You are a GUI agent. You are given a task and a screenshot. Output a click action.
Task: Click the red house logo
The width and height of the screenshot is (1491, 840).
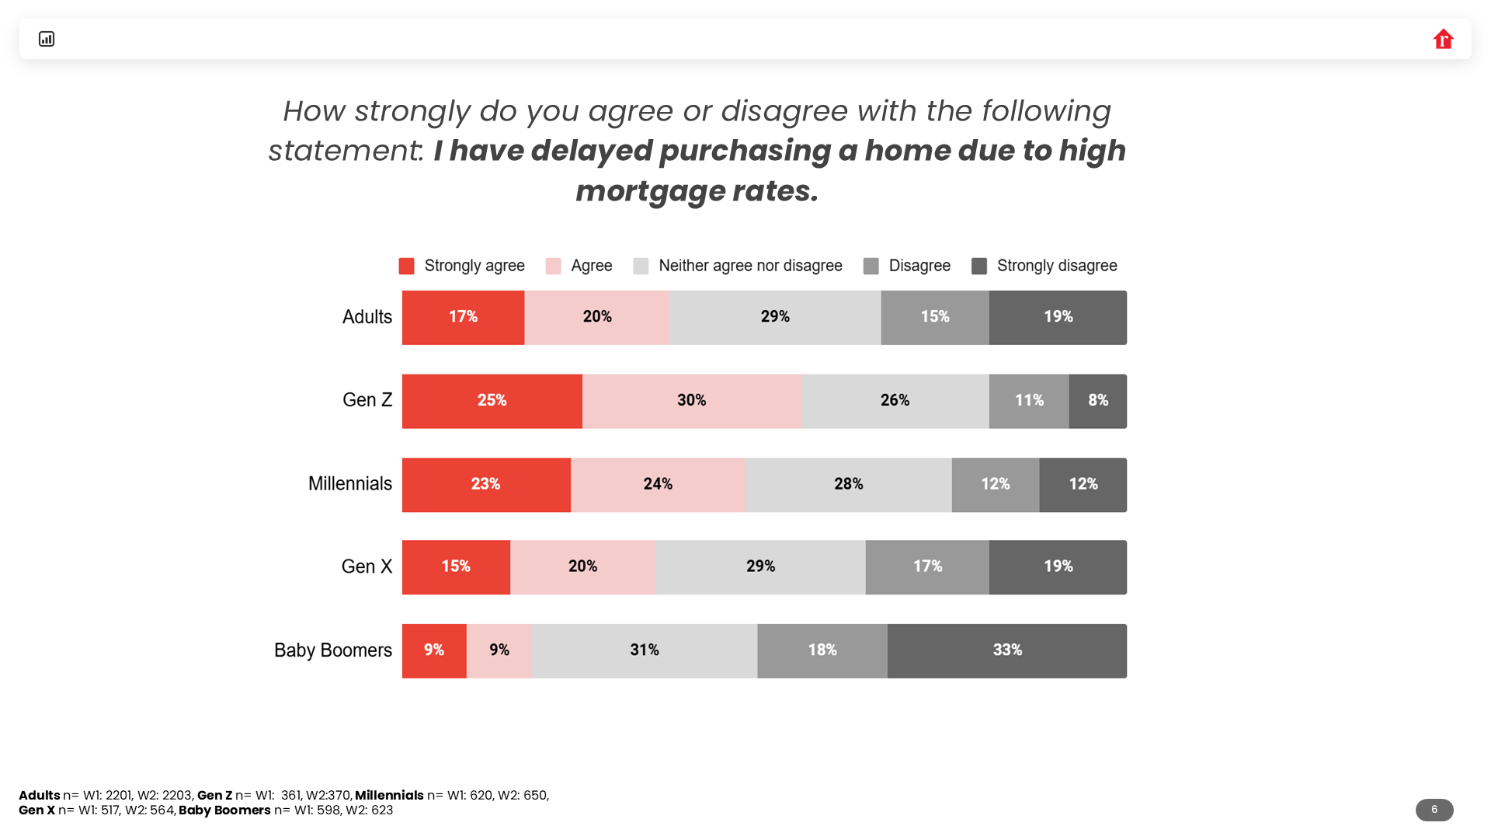[1443, 39]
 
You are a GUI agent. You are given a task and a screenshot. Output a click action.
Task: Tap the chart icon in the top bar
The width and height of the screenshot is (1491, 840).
[47, 39]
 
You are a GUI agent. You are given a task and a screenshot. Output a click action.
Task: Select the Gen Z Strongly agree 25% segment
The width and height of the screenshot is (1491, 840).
[492, 401]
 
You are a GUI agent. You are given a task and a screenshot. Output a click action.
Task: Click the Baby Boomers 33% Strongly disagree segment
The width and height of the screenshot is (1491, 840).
[1006, 650]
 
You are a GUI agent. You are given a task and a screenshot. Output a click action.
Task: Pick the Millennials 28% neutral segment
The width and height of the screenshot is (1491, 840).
[848, 485]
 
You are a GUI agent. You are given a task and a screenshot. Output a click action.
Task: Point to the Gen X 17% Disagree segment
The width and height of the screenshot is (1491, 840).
[927, 567]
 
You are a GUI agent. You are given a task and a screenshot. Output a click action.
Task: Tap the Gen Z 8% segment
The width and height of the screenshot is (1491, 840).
[1097, 401]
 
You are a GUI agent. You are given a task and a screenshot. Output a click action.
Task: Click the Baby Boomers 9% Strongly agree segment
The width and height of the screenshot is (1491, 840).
[433, 650]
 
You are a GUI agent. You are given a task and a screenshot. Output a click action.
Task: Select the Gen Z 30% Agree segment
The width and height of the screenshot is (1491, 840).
[691, 401]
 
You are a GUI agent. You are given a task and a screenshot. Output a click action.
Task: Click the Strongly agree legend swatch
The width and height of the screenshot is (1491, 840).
[406, 267]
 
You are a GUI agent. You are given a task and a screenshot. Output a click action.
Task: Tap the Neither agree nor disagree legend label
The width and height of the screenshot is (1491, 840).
[750, 266]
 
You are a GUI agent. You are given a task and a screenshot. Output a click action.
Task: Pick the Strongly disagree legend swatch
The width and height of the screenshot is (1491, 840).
[979, 267]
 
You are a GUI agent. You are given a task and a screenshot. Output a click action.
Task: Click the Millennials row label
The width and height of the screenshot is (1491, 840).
[350, 483]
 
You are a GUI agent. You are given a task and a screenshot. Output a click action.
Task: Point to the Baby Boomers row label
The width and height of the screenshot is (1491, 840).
[333, 650]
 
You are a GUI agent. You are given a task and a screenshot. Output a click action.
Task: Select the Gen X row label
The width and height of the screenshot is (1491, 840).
[367, 566]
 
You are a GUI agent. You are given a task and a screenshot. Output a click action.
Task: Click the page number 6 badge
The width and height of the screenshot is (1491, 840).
[1434, 810]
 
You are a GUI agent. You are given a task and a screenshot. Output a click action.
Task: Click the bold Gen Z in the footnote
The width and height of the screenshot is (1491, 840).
[214, 795]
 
